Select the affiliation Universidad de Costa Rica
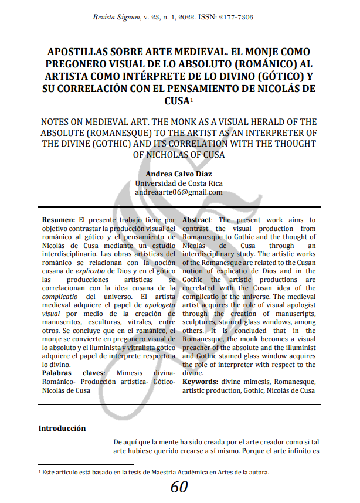pos(179,183)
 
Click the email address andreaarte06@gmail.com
pos(179,192)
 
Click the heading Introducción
pos(62,428)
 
